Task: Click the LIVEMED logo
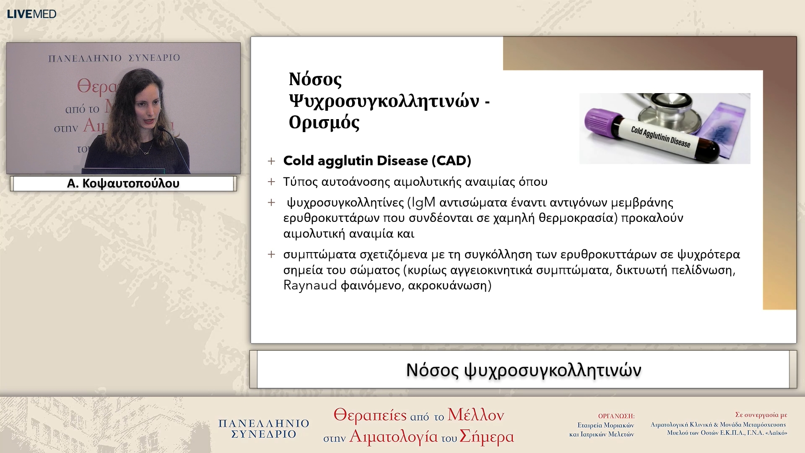31,14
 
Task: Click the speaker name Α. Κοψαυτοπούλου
123,183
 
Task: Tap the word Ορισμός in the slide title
324,122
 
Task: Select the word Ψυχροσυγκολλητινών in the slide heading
384,101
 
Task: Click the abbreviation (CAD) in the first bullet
454,161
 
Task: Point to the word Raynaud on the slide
310,285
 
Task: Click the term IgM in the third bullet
423,202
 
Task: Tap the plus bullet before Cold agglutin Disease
272,161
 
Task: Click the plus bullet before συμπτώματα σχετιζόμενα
272,255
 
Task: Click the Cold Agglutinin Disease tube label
660,137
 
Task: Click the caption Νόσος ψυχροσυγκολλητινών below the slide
523,370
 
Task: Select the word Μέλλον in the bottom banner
475,415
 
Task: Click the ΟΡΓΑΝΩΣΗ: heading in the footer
616,416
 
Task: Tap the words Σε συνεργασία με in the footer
761,415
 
